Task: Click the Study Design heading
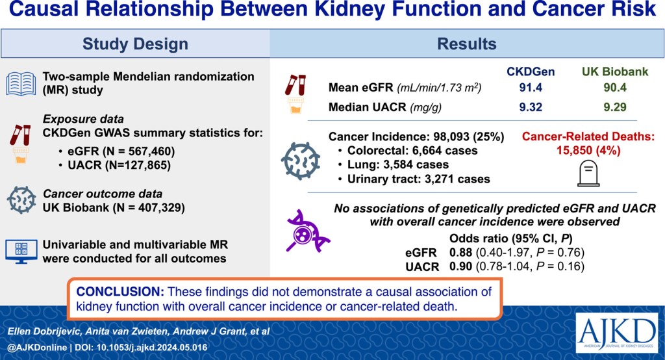135,44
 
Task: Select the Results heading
466,44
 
